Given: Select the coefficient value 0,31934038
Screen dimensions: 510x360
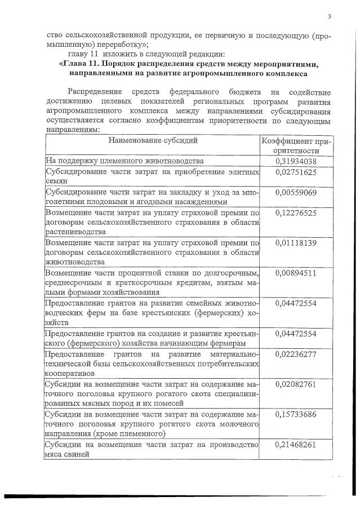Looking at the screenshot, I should [296, 162].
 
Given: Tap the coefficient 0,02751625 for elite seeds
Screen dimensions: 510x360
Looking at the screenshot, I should [296, 173].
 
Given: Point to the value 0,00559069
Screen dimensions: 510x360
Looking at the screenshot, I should [296, 193].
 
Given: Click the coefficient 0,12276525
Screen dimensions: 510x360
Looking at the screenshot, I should [296, 212].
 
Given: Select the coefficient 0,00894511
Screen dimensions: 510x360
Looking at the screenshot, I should [296, 273].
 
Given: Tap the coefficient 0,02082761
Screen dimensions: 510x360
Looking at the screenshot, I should [296, 384].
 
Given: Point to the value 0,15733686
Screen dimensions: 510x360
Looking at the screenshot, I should [296, 414].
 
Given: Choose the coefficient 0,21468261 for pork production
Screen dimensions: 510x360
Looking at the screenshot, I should [296, 445].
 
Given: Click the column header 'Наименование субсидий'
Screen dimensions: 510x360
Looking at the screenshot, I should [153, 140].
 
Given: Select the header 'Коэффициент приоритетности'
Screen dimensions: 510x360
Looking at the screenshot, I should [296, 146].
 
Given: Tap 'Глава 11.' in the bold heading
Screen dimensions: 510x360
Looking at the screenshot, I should [83, 64].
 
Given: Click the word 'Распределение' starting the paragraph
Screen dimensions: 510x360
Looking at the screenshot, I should [94, 91].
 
